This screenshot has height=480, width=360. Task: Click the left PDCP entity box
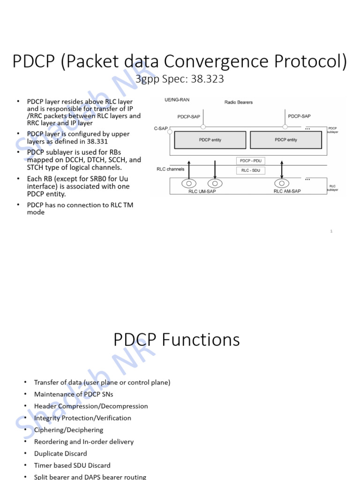point(210,140)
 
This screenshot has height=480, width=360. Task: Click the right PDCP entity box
point(285,140)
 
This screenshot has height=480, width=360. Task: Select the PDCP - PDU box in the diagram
point(251,161)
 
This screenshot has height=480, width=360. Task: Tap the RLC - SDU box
point(251,171)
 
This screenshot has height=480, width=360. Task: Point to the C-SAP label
point(161,128)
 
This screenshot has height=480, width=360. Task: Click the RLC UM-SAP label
point(202,191)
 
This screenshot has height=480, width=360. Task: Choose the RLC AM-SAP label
point(287,191)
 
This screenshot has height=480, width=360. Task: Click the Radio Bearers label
point(238,102)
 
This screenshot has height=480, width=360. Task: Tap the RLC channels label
point(171,169)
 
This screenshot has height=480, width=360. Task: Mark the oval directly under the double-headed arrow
point(282,184)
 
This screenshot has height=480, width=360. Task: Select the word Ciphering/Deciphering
point(68,430)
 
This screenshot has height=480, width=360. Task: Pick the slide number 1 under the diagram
point(331,231)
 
